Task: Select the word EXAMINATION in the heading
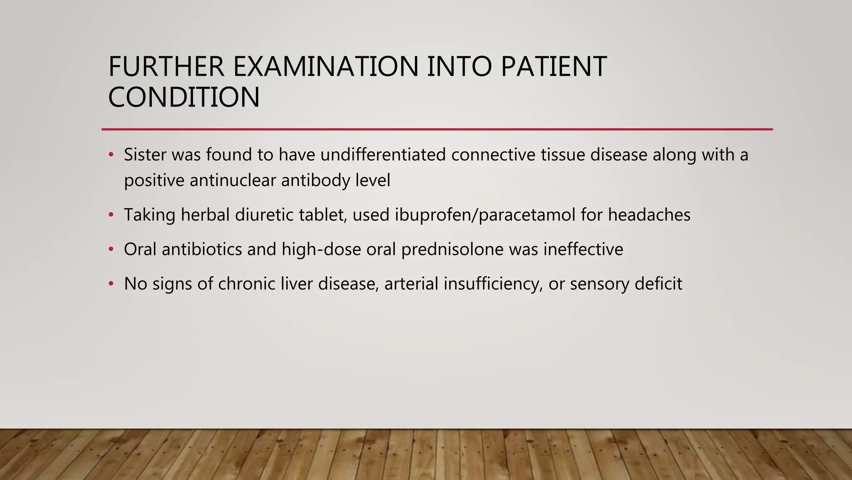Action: [x=325, y=67]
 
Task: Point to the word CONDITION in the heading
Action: [x=184, y=97]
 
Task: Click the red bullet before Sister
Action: [x=111, y=155]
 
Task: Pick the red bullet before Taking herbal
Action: [x=111, y=215]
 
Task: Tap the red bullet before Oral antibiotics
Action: [x=111, y=250]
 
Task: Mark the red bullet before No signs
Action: [x=111, y=284]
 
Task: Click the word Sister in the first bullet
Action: [x=145, y=155]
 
